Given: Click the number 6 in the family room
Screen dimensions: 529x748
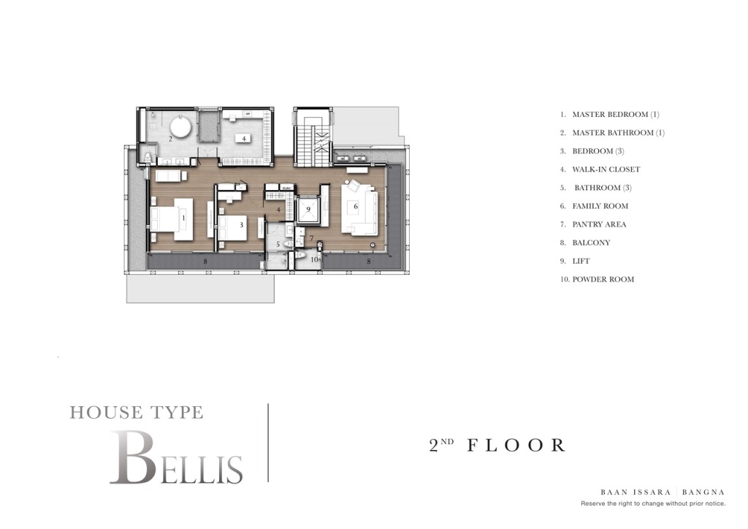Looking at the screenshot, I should [x=356, y=207].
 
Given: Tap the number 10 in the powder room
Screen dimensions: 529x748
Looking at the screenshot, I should [x=313, y=259].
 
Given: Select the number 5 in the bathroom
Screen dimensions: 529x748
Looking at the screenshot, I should [x=278, y=243].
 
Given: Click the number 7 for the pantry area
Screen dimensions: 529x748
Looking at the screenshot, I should [x=310, y=238].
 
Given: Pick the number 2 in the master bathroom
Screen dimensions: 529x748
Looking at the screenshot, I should [x=171, y=137].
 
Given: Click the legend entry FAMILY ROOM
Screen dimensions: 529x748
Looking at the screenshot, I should [x=600, y=206].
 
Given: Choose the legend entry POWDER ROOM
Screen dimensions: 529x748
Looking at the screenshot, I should [x=603, y=279].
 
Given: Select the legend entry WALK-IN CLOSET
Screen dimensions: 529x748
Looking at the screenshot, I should [x=606, y=170].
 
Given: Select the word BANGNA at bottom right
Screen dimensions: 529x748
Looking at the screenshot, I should [x=704, y=492].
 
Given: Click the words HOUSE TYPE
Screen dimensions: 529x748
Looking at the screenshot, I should [x=137, y=413].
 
